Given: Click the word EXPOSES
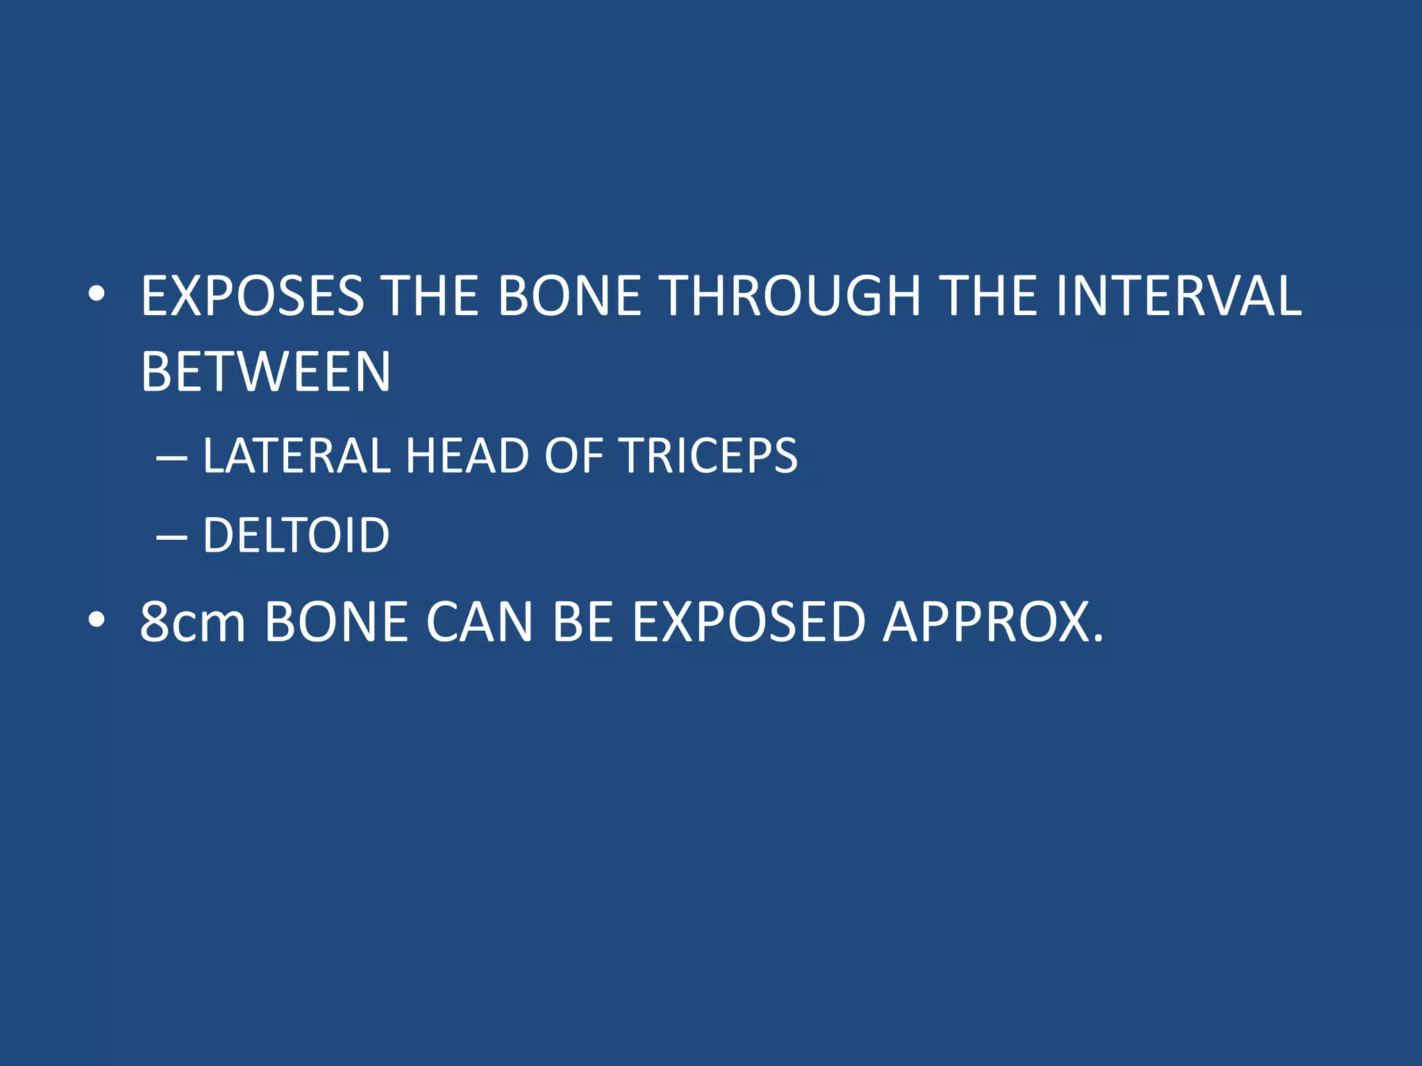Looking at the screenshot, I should (252, 296).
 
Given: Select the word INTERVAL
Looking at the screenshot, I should (1178, 296).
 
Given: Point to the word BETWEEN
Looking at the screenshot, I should (265, 372).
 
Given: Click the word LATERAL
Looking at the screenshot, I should (296, 456).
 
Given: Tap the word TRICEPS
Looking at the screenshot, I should (708, 456).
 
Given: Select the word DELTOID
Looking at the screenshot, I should (296, 535).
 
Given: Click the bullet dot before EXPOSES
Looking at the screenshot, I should (97, 296).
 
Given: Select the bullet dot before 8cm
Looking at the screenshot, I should (97, 620).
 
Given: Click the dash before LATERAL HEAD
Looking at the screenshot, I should (172, 458).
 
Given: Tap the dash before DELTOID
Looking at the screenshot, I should (172, 537).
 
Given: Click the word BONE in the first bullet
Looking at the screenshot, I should (569, 296).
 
